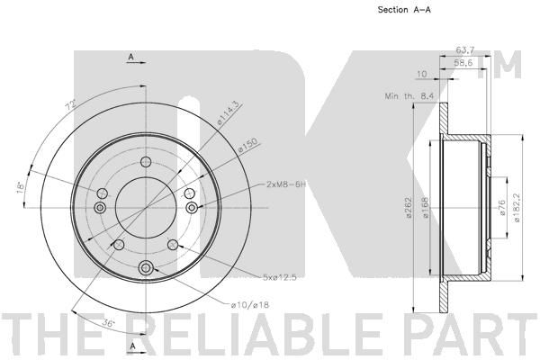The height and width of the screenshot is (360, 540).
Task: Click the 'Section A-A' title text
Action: tap(404, 10)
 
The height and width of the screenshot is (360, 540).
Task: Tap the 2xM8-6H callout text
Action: tap(286, 184)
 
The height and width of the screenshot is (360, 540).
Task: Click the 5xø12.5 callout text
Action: tap(279, 277)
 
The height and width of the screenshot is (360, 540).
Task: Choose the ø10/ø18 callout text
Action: tap(250, 305)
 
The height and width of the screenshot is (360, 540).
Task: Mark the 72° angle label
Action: tap(70, 105)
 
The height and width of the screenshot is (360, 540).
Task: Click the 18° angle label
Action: tap(20, 187)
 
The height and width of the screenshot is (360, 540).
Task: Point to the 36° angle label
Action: tap(108, 323)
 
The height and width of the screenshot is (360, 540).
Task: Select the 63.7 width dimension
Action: tap(465, 50)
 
